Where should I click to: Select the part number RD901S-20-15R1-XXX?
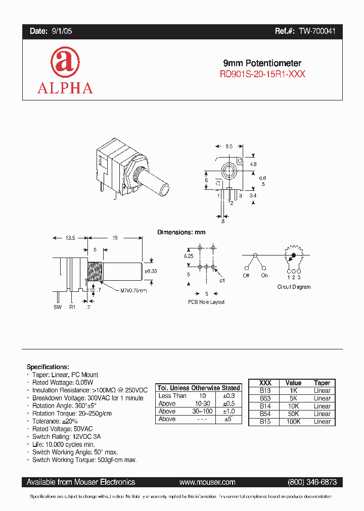click(x=262, y=74)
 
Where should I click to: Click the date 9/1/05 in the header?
click(x=62, y=31)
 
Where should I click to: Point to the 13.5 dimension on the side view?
click(x=70, y=237)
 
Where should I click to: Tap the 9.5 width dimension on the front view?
click(x=229, y=146)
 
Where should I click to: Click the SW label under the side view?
click(x=57, y=307)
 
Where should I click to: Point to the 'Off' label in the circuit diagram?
click(x=246, y=275)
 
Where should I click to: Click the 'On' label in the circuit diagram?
click(x=264, y=275)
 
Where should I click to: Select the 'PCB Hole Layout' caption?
click(x=206, y=302)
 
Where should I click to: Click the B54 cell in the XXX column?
click(x=265, y=414)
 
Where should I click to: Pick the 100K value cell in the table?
click(x=293, y=421)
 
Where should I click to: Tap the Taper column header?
click(x=322, y=383)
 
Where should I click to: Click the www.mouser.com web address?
click(x=207, y=482)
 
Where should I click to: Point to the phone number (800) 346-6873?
click(x=312, y=482)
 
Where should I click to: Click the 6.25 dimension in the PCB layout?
click(x=189, y=257)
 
